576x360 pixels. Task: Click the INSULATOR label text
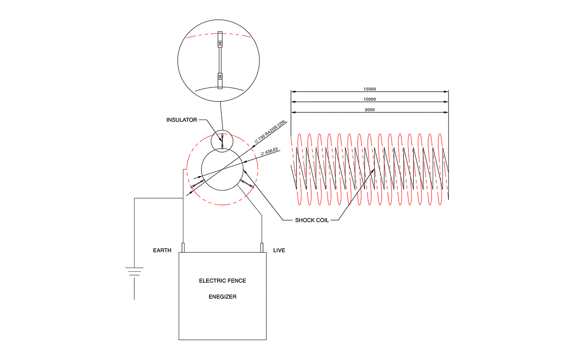(x=182, y=120)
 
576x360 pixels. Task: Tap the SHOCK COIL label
(x=312, y=220)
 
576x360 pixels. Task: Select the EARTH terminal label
(x=162, y=251)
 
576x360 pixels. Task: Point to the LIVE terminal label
(x=279, y=251)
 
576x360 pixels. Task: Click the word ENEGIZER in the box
(x=223, y=297)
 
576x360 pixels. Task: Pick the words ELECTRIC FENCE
(x=223, y=281)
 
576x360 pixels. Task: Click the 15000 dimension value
(x=370, y=89)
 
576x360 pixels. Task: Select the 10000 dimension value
(x=370, y=99)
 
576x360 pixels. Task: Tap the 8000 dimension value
(x=370, y=110)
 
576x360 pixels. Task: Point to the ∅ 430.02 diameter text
(x=270, y=151)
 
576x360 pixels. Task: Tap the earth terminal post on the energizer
(x=183, y=247)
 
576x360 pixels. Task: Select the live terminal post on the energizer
(x=262, y=247)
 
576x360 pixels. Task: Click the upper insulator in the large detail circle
(x=220, y=40)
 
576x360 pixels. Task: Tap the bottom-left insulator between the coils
(x=198, y=184)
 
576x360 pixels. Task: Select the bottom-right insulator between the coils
(x=246, y=183)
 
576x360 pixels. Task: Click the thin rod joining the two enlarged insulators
(x=220, y=60)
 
